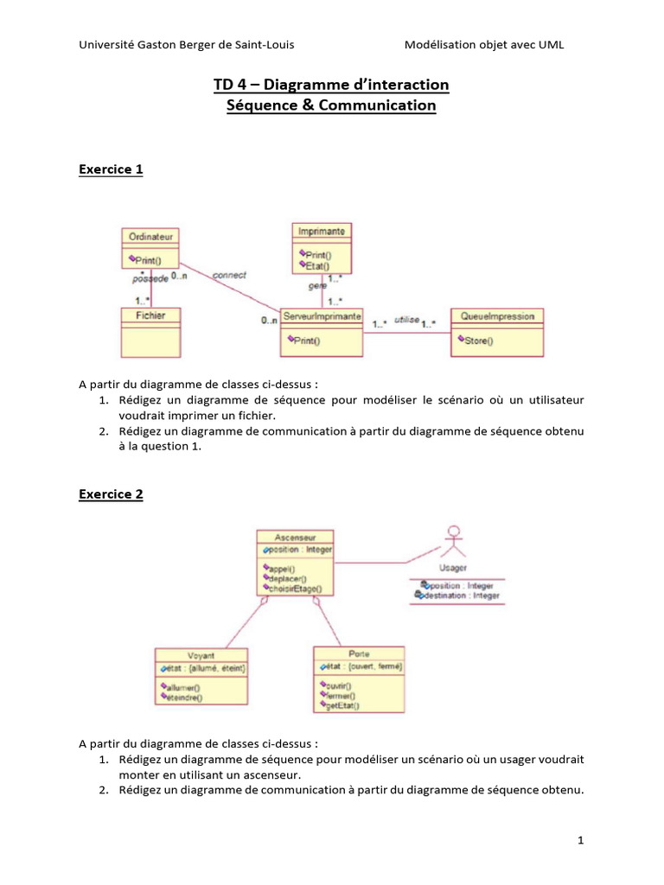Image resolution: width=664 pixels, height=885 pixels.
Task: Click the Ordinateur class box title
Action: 150,235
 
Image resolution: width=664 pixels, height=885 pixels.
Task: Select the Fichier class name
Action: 150,315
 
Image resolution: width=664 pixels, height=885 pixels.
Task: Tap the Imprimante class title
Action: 321,231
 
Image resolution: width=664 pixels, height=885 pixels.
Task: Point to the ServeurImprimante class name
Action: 322,317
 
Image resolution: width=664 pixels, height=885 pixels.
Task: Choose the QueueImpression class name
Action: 497,316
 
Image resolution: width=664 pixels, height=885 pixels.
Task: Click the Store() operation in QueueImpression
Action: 478,341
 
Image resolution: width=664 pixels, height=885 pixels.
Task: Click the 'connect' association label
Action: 229,275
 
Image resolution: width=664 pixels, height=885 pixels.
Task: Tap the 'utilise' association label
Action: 406,320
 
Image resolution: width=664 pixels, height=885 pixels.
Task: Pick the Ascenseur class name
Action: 295,536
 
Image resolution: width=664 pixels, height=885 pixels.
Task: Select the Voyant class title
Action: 201,654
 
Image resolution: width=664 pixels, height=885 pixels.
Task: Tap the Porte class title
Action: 359,653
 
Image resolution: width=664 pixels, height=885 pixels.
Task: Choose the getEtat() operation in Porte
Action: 343,705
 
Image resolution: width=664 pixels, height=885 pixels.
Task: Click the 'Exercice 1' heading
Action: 111,169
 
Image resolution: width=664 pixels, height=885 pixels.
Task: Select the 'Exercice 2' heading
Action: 111,494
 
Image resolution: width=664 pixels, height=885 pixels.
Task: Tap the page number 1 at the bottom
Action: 581,840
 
